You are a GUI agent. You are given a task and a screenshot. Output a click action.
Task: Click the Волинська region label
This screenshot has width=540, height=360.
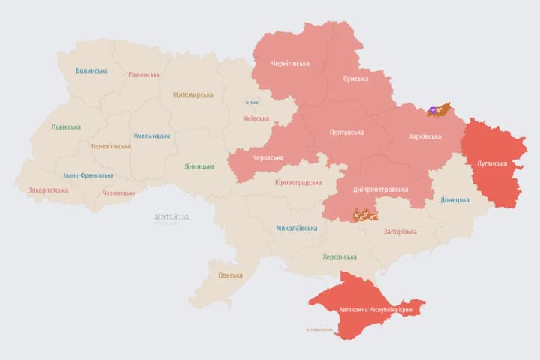[x=91, y=71]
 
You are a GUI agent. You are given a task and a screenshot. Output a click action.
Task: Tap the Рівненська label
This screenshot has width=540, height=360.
[x=144, y=75]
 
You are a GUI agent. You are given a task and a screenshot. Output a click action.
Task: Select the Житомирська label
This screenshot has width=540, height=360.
[x=193, y=95]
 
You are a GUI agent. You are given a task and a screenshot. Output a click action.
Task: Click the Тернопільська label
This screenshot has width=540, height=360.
[x=109, y=146]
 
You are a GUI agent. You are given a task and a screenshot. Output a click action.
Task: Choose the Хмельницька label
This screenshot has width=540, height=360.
[x=151, y=136]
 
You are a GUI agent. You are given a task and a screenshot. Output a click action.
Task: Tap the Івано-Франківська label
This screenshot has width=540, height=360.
[x=88, y=175]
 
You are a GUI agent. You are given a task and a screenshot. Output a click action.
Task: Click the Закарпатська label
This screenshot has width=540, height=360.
[x=48, y=190]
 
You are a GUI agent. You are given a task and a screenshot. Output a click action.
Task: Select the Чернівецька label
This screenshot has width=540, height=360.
[x=118, y=193]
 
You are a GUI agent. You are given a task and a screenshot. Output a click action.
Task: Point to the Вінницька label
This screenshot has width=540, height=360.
[x=199, y=166]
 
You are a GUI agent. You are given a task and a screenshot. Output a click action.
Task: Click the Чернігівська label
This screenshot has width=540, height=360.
[x=290, y=64]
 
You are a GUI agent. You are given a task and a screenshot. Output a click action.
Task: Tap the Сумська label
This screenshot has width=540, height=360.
[x=355, y=79]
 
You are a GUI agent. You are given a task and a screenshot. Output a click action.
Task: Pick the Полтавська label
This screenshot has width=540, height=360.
[x=346, y=133]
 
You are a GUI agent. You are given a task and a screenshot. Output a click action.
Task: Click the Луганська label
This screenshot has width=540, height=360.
[x=492, y=163]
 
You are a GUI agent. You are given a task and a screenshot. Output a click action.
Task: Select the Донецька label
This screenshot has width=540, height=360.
[x=454, y=200]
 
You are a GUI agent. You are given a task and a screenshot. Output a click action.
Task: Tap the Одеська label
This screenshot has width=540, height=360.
[x=230, y=275]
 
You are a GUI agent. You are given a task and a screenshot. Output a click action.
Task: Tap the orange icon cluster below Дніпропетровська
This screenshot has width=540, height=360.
[x=365, y=215]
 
